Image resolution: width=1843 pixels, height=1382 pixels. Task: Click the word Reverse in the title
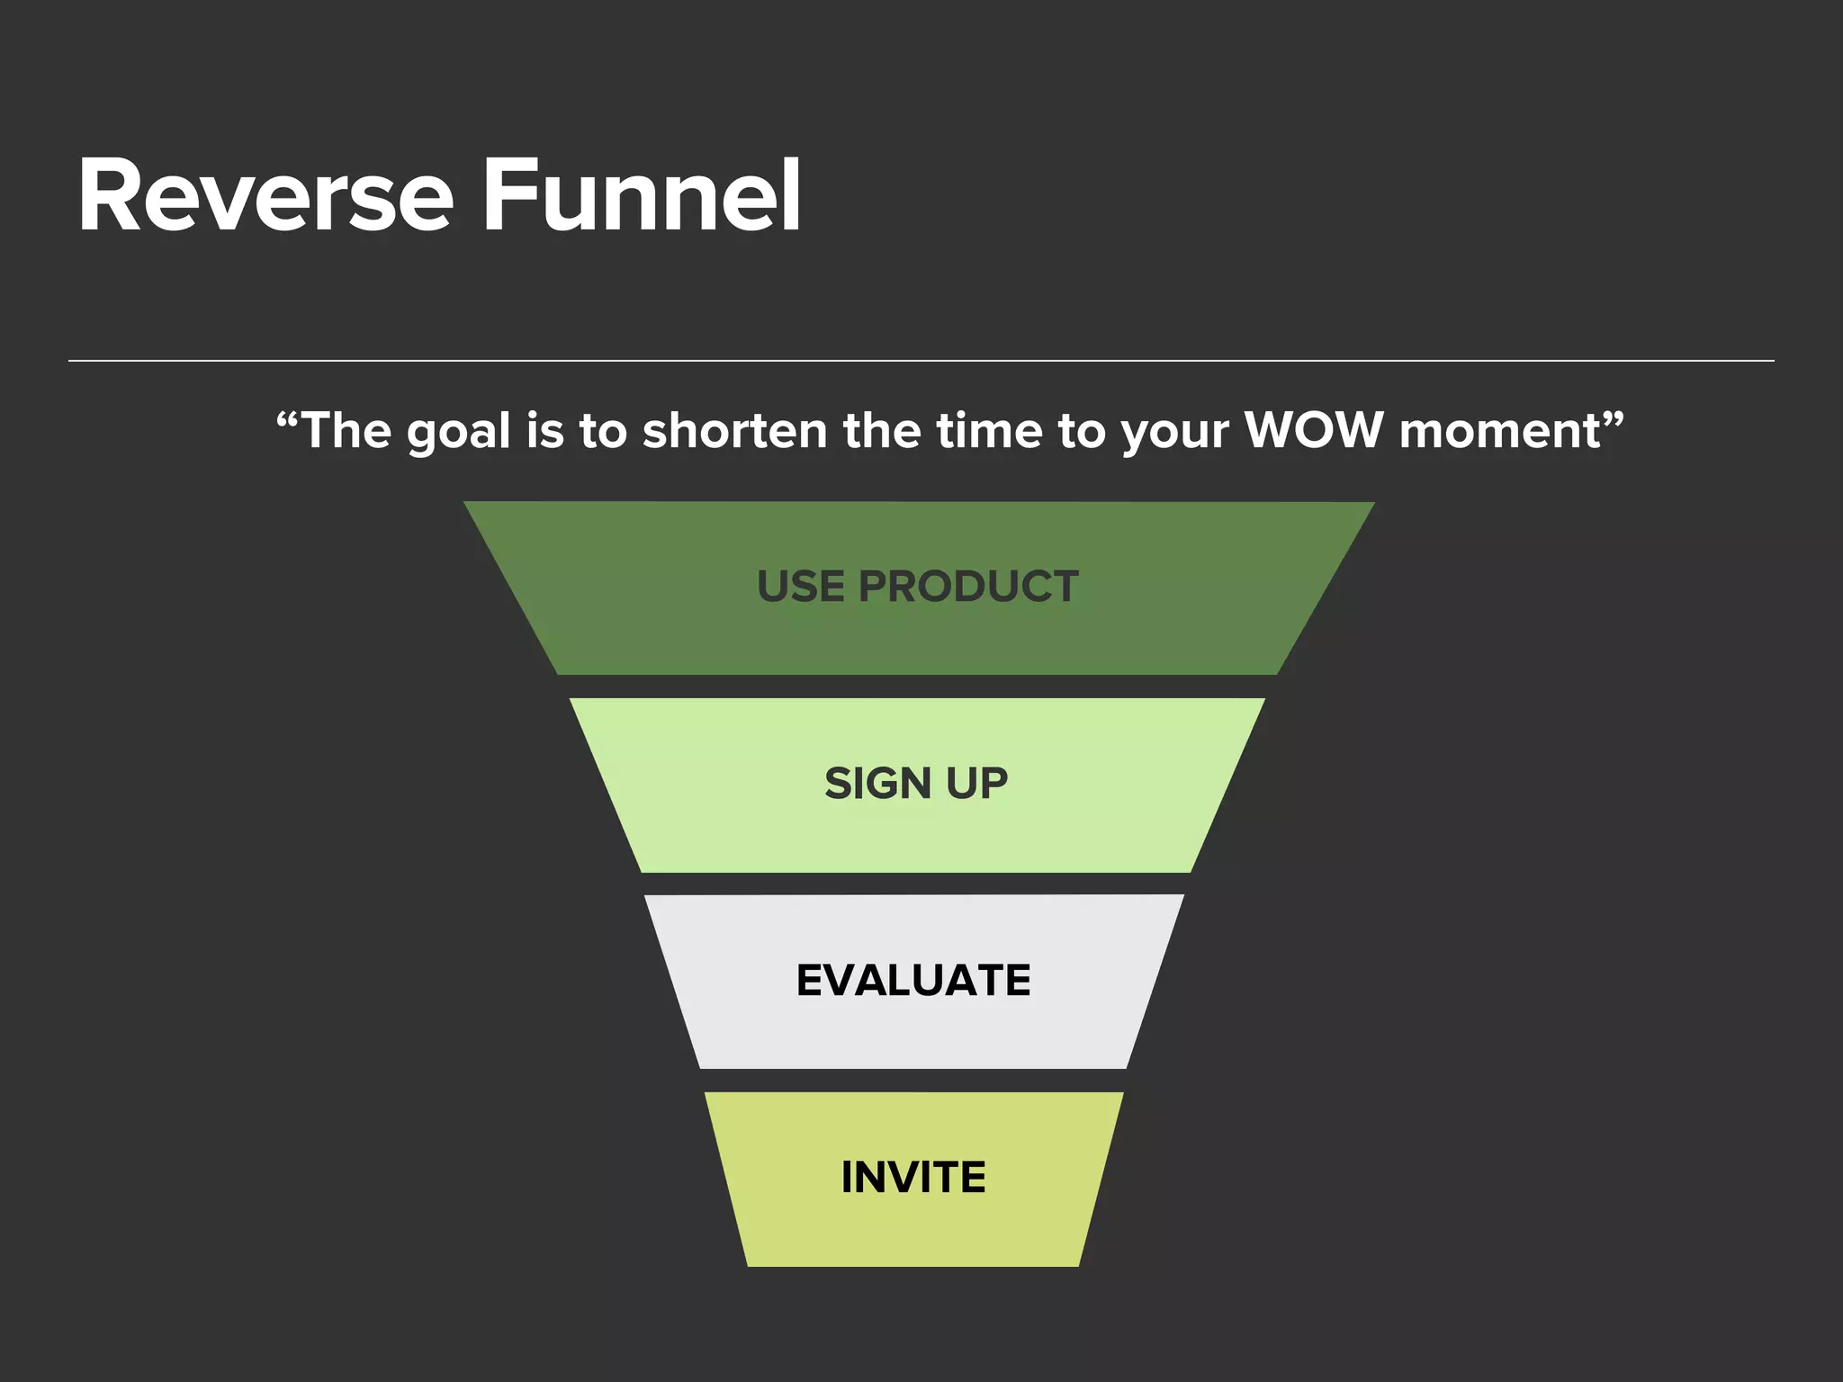pos(265,196)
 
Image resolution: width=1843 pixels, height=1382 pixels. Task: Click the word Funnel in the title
pos(642,196)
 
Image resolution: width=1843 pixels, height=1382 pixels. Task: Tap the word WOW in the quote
pos(1313,430)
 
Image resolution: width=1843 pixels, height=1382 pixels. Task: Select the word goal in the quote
pos(458,432)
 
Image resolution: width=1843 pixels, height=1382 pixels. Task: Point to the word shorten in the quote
pos(734,430)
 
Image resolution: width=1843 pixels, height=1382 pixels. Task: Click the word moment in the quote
pos(1500,430)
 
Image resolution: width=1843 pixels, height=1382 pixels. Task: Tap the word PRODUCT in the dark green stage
pos(968,587)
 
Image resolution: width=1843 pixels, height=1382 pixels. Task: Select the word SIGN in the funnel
pos(877,784)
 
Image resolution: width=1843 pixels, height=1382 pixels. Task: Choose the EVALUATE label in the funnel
pos(913,980)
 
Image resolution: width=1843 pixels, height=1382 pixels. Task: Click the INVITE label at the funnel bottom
pos(913,1177)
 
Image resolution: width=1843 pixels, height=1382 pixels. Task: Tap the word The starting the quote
pos(346,430)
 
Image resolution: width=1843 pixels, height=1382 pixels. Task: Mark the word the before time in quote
pos(880,430)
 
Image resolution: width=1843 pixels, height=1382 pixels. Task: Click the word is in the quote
pos(545,430)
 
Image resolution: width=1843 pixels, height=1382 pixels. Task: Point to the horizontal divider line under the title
pos(921,361)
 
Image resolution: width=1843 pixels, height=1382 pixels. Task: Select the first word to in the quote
pos(602,430)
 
